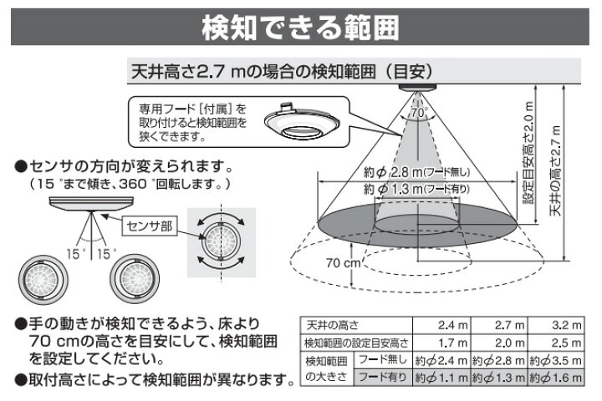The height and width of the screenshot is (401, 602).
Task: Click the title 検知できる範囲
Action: coord(301,27)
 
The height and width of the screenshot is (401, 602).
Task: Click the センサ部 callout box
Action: coord(149,224)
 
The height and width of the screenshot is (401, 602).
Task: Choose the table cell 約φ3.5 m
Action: coord(554,361)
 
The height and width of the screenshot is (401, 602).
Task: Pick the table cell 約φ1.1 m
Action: coord(441,378)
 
